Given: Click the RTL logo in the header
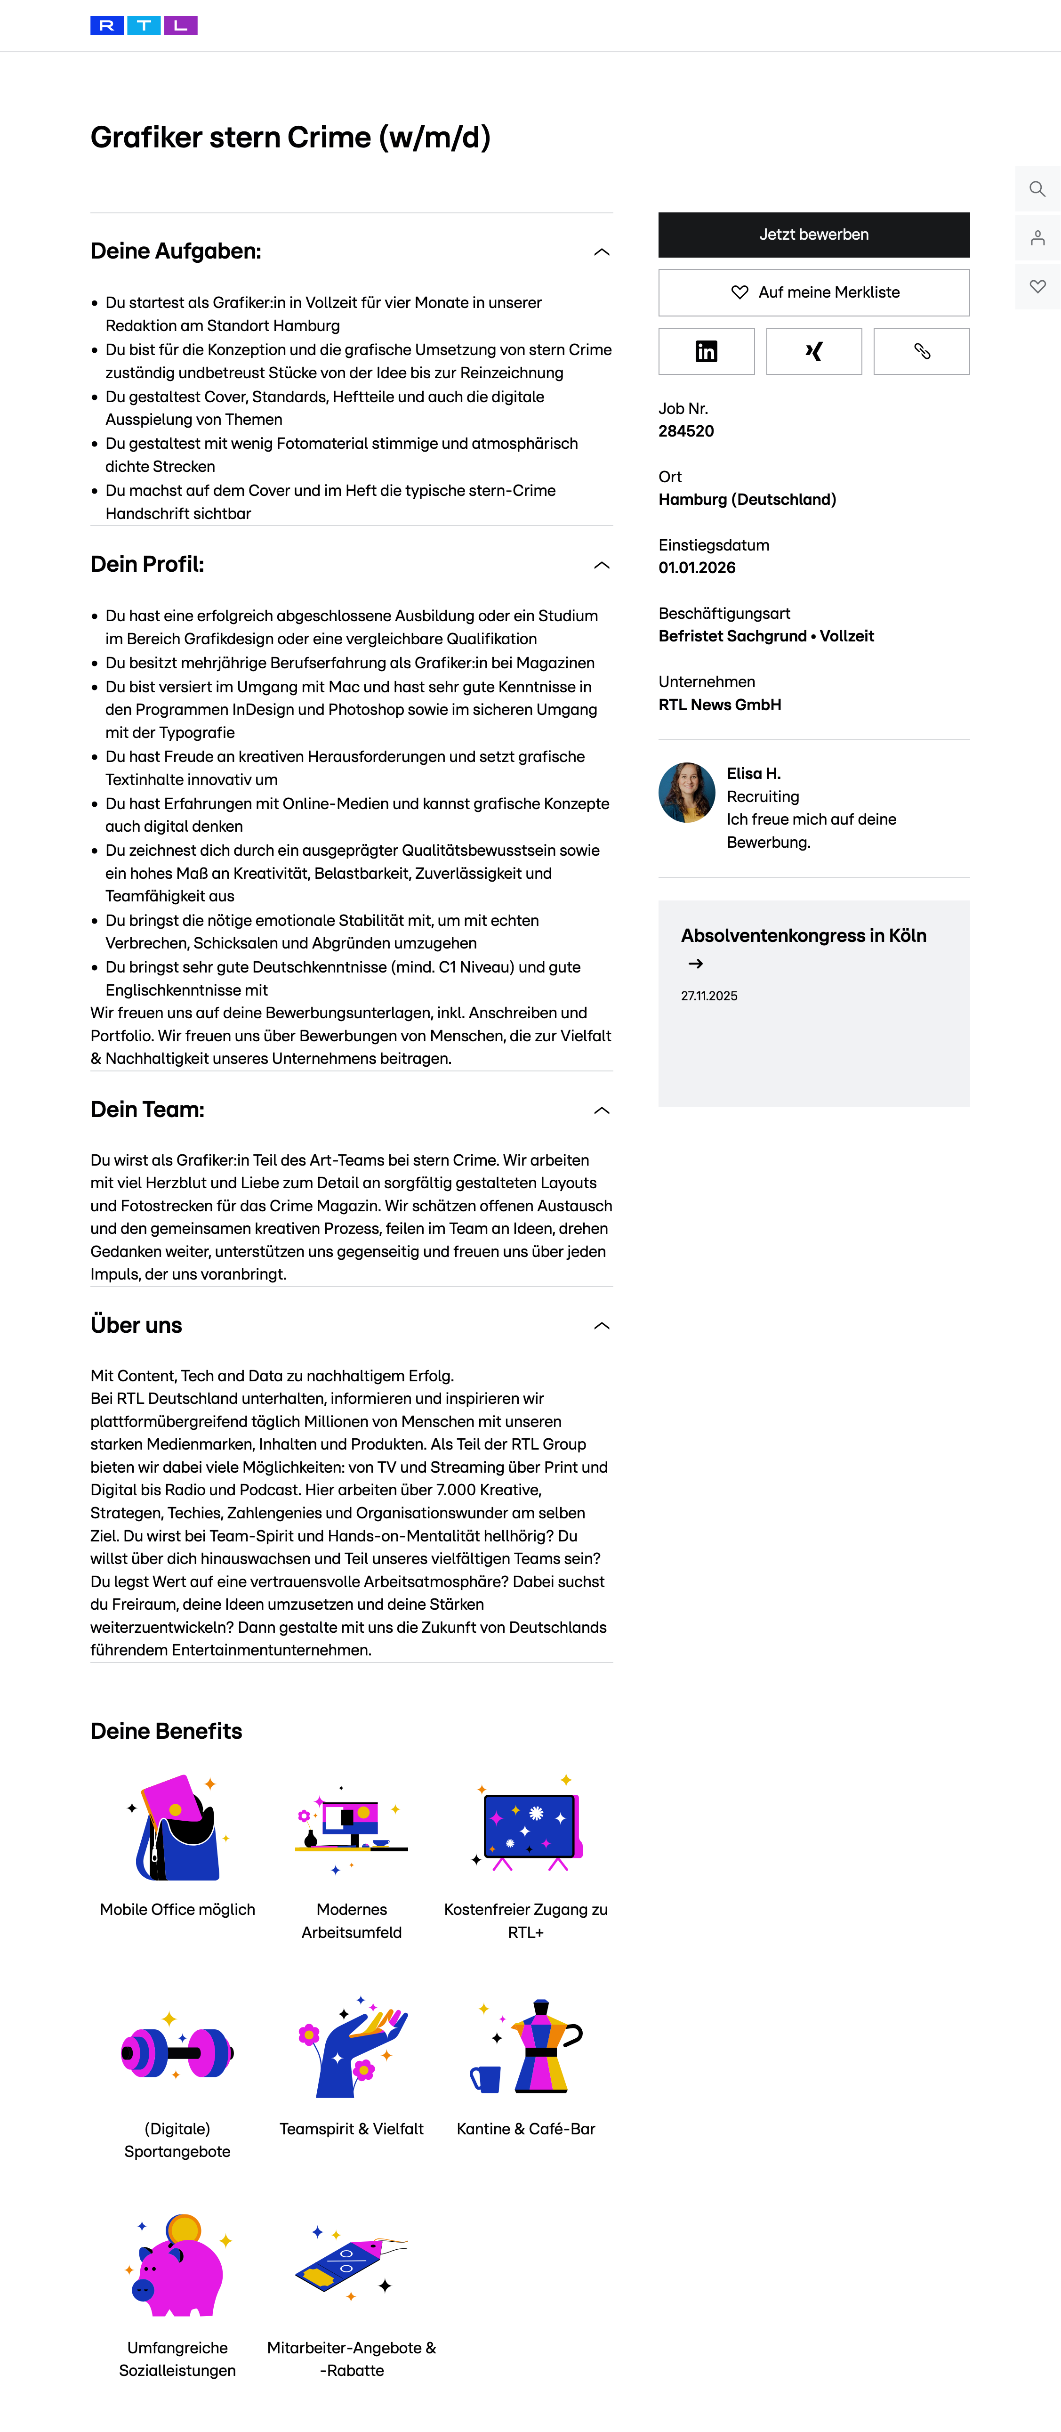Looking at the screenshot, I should tap(144, 25).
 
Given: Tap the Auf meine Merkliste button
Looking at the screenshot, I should tap(814, 292).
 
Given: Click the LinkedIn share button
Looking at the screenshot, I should tap(706, 351).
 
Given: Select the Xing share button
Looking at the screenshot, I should tap(814, 351).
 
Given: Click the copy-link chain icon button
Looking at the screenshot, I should tap(921, 351).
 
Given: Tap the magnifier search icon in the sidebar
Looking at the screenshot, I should tap(1037, 189).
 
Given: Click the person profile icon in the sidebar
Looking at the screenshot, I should tap(1037, 238).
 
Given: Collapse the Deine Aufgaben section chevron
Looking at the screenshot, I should tap(601, 252).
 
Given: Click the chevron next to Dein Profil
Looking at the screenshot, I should tap(601, 566).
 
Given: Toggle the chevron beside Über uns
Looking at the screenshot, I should tap(601, 1327).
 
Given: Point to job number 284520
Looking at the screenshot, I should tap(686, 431).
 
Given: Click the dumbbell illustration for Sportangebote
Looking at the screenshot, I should tap(177, 2051).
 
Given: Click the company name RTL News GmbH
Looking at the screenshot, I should tap(719, 705).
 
